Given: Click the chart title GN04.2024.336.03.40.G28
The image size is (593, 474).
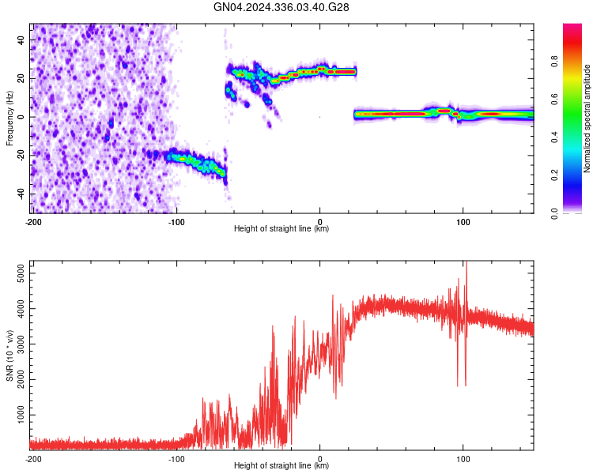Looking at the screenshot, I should [281, 7].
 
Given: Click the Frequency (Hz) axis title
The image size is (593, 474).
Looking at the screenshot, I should [9, 117].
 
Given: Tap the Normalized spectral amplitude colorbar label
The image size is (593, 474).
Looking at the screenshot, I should [587, 118].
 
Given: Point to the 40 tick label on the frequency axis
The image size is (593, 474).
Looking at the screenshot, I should [21, 39].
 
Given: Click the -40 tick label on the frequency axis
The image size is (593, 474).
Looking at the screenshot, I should [20, 194].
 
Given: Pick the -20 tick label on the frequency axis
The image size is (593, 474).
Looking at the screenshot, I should [20, 156].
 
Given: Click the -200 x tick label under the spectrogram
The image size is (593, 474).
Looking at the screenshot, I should [32, 221].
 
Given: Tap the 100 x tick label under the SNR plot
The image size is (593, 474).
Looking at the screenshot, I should [463, 458].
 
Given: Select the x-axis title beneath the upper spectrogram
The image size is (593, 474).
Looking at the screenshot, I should [281, 229].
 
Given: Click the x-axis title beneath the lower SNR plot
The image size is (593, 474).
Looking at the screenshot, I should [281, 466].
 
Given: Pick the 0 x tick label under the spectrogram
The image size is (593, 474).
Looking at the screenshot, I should [319, 221].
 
